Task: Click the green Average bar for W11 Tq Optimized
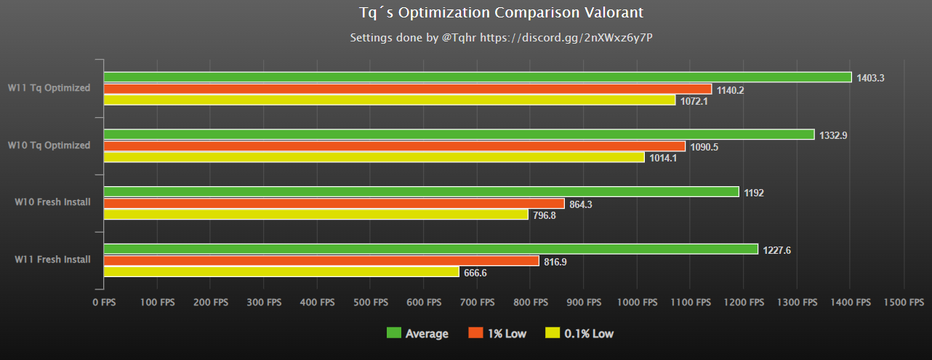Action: [477, 77]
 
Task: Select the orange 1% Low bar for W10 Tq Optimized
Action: [394, 146]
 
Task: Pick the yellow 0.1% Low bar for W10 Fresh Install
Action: [316, 215]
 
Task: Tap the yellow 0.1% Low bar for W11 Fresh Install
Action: [281, 272]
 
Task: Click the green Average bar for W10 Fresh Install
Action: [421, 192]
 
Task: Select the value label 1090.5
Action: [704, 147]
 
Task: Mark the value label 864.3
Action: [581, 204]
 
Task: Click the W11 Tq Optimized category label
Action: [49, 88]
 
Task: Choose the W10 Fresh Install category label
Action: [53, 201]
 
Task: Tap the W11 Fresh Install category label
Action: [53, 259]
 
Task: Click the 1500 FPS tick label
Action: [904, 301]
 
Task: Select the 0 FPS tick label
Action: [104, 301]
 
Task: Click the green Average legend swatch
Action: [393, 334]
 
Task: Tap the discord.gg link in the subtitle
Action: [592, 37]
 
